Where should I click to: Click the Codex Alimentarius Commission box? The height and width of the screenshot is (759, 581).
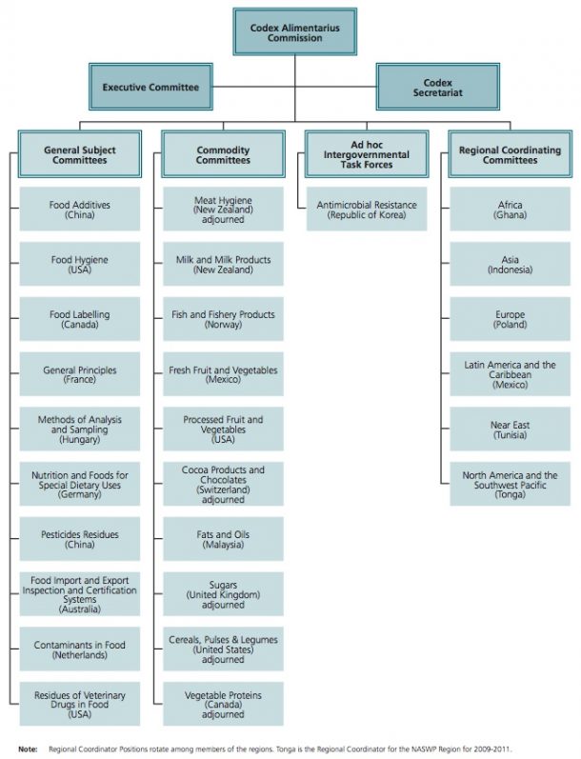(x=294, y=32)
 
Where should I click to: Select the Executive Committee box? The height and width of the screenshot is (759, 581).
(x=150, y=87)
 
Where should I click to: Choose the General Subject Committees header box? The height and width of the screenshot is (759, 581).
(x=79, y=154)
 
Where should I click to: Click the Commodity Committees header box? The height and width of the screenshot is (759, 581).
(x=223, y=154)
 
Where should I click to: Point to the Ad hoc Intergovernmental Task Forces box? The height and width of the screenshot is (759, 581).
(x=366, y=154)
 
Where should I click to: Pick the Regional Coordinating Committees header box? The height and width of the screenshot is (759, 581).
(x=510, y=154)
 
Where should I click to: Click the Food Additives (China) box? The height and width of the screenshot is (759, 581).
(x=79, y=210)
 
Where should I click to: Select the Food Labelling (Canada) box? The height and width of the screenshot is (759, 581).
(x=79, y=319)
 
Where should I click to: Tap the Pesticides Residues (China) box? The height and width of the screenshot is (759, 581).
(x=79, y=540)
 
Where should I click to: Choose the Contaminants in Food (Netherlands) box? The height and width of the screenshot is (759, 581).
(x=79, y=649)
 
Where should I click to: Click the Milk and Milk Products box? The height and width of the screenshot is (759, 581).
(x=223, y=265)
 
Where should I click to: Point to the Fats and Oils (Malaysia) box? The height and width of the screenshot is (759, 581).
(x=223, y=540)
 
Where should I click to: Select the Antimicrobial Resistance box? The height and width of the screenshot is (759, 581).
(x=366, y=210)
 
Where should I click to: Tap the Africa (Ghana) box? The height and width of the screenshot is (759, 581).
(x=510, y=210)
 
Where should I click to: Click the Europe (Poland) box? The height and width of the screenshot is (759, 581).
(x=510, y=319)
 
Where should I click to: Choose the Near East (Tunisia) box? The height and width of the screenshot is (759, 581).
(x=510, y=429)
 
